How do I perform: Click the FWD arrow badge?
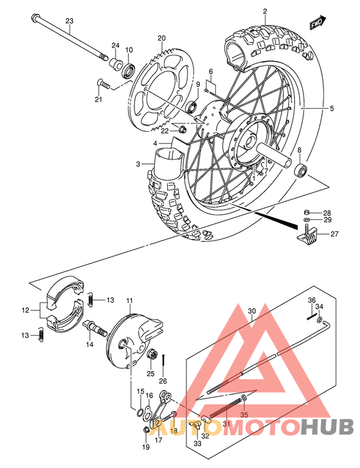(x=316, y=24)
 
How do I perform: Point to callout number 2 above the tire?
(x=265, y=11)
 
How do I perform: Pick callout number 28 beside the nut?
(x=327, y=213)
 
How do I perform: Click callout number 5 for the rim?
(x=332, y=109)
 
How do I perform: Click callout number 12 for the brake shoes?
(x=26, y=310)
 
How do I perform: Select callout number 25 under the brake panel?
(x=150, y=373)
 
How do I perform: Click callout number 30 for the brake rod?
(x=251, y=310)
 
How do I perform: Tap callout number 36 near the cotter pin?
(x=310, y=300)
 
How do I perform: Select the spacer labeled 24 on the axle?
(x=117, y=63)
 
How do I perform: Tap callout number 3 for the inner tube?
(x=138, y=165)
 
